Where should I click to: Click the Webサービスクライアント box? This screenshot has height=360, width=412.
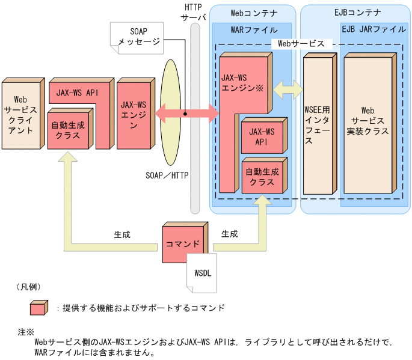click(x=21, y=115)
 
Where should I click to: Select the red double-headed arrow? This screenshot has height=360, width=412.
click(x=187, y=112)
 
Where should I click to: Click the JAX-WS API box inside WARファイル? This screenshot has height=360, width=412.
click(x=261, y=136)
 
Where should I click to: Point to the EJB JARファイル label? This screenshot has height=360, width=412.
click(x=373, y=29)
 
